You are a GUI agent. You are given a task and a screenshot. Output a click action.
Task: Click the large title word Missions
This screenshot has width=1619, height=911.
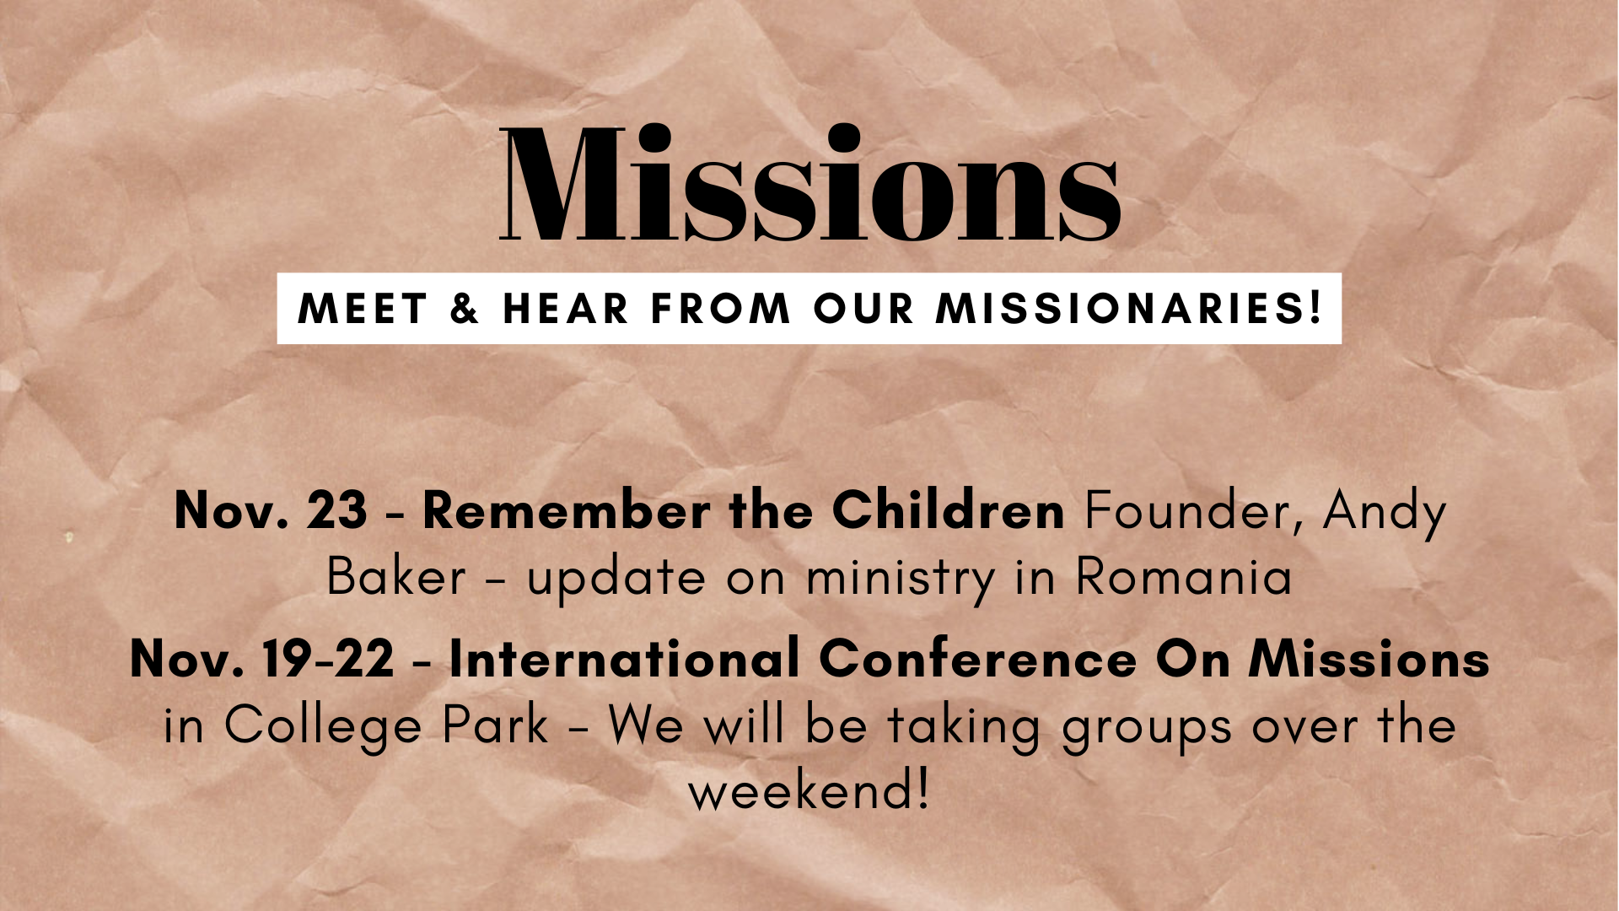[x=809, y=183]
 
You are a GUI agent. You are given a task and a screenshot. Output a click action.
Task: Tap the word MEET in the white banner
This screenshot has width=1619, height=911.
[x=363, y=309]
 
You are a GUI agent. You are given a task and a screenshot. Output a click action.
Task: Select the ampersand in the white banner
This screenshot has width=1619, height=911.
[x=465, y=309]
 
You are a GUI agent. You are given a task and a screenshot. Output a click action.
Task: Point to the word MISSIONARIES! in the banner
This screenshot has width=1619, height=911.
[x=1129, y=308]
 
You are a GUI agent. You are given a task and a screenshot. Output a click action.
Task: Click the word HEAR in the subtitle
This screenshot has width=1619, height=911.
[x=566, y=309]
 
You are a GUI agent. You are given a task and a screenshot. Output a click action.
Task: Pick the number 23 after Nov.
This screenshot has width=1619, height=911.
[x=336, y=510]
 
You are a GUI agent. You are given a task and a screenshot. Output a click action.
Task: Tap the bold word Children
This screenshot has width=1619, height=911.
[x=948, y=510]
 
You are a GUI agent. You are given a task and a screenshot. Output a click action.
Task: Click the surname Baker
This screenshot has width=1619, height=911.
[x=396, y=577]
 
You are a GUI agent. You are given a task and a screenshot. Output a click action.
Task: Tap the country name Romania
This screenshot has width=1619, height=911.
[x=1184, y=577]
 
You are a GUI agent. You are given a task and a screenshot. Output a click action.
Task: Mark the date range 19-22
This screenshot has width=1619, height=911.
[x=328, y=659]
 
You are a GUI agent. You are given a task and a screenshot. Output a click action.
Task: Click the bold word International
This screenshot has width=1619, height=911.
[x=624, y=659]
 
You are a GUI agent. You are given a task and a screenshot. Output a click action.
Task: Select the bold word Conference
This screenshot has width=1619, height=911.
[x=977, y=659]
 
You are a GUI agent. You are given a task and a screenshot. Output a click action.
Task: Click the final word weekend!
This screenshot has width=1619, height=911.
[x=809, y=791]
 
